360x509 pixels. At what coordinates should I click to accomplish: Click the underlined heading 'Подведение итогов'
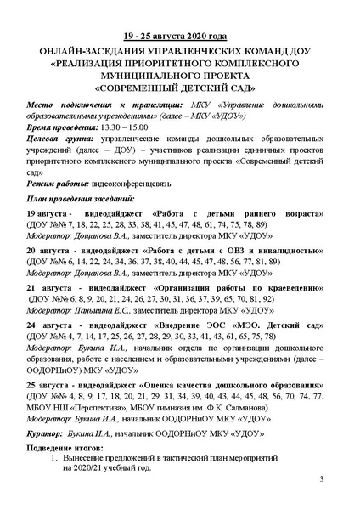(x=67, y=448)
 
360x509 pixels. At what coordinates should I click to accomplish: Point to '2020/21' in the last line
(x=78, y=468)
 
